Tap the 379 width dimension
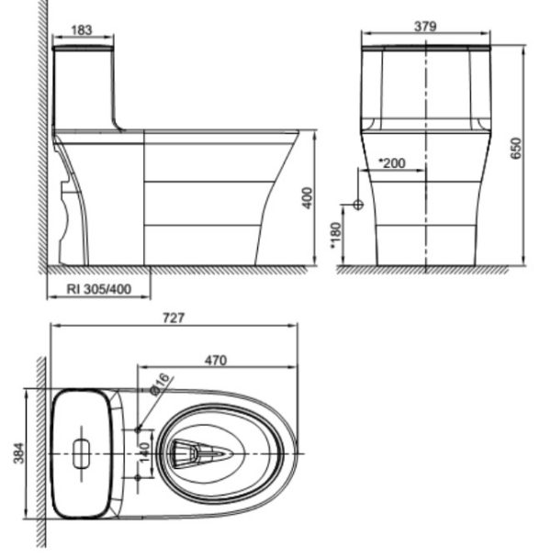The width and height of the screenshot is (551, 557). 425,27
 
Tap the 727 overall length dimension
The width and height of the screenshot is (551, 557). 174,318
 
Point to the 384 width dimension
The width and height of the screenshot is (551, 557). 19,454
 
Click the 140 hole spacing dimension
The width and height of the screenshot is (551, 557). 144,452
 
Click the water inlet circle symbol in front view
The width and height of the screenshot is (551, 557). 358,204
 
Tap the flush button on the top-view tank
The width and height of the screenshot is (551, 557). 84,453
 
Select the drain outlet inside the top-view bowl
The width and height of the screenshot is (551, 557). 199,453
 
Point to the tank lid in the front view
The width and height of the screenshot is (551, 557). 426,46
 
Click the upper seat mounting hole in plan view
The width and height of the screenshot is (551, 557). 139,429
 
